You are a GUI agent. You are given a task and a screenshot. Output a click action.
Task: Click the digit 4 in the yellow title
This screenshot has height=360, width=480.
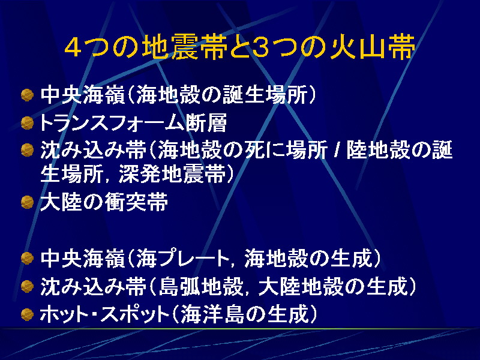click(x=73, y=48)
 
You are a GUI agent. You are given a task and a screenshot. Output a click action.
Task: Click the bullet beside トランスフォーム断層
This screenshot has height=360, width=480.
click(x=27, y=123)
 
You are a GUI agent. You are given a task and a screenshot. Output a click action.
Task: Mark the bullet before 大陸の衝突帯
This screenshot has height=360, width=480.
click(x=27, y=202)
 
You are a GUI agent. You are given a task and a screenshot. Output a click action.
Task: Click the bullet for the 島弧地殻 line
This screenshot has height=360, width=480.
click(x=27, y=287)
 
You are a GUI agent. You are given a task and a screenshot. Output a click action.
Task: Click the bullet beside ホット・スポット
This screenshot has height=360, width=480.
click(x=27, y=314)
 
